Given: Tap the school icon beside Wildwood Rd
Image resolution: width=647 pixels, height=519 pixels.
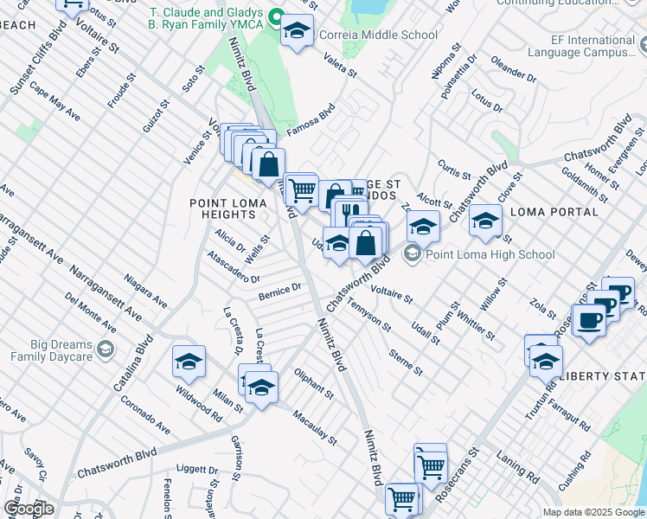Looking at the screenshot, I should [189, 362].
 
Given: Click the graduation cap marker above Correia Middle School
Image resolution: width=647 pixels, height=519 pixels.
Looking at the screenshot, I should [297, 32].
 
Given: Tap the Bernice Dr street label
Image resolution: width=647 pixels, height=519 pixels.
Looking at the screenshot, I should [279, 291].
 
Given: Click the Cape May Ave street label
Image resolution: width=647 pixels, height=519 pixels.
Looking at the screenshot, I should [54, 102].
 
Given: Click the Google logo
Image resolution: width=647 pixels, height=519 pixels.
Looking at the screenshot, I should [29, 508].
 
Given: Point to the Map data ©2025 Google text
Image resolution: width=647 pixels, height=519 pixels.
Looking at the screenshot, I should [593, 512].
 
